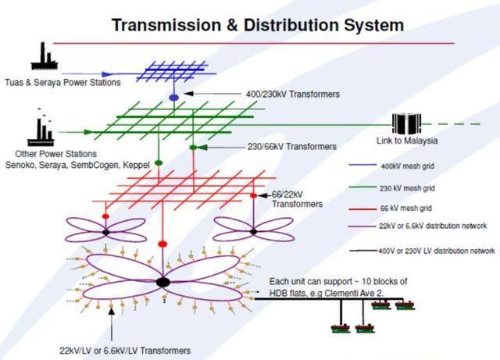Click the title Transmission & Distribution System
point(258,25)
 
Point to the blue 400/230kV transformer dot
point(173,97)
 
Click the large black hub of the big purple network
point(162,282)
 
